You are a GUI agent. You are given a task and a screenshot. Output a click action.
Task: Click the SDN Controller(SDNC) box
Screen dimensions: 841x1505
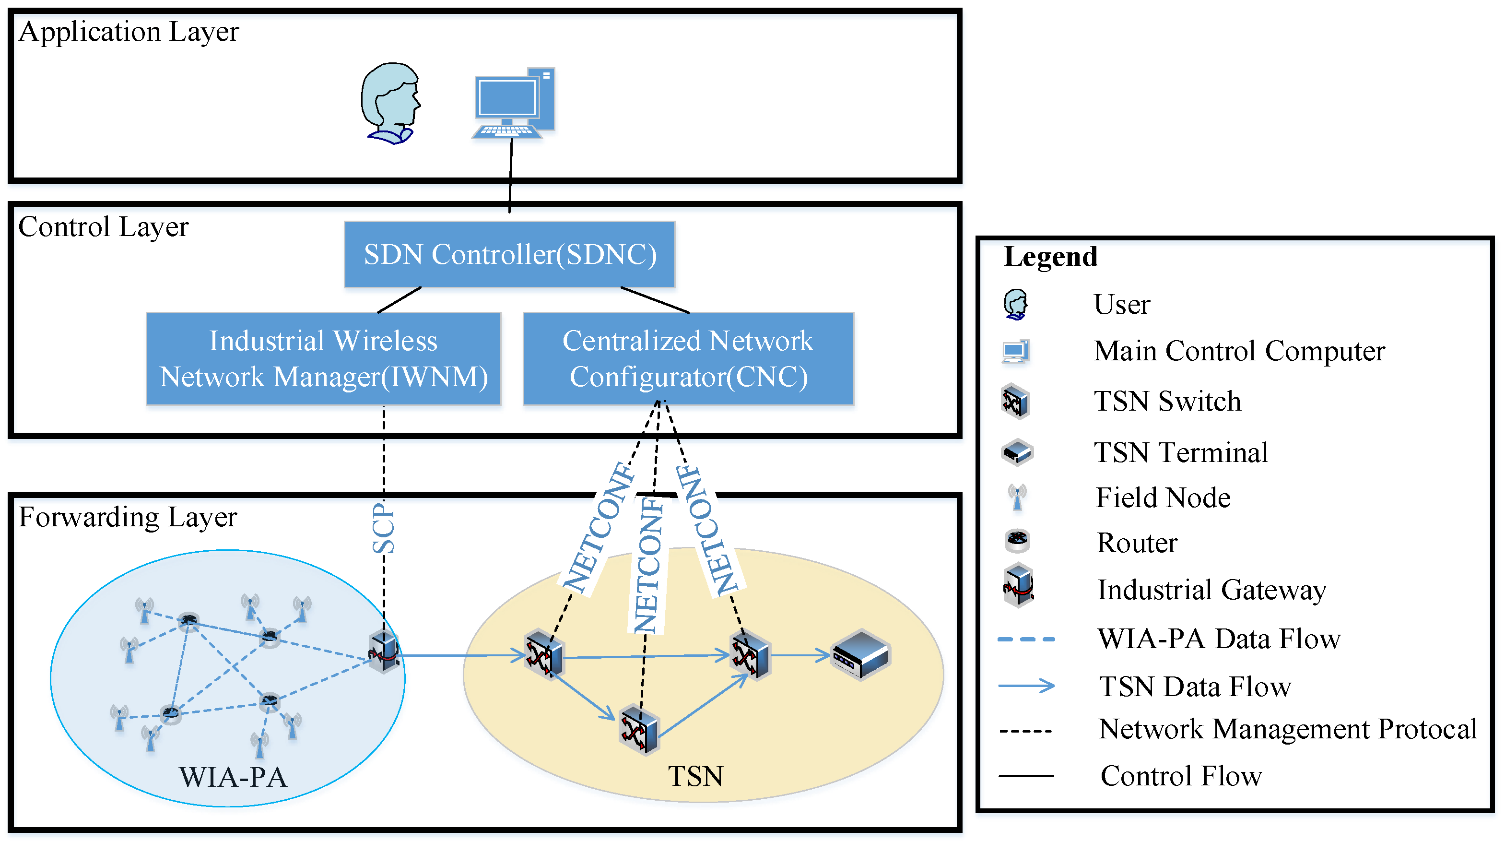click(x=509, y=254)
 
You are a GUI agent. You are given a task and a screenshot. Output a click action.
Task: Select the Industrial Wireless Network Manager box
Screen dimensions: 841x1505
click(x=323, y=358)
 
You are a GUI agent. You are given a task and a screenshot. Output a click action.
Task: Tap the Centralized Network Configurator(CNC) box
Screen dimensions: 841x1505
click(x=688, y=358)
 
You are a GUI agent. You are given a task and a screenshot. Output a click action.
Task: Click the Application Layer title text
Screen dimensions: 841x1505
click(x=129, y=32)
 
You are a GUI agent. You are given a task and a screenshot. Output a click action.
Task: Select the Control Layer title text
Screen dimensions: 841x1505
click(x=104, y=227)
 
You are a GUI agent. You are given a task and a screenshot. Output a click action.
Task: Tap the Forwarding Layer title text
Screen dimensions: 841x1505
click(x=128, y=517)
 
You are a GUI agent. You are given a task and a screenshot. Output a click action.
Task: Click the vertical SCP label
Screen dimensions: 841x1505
click(x=384, y=528)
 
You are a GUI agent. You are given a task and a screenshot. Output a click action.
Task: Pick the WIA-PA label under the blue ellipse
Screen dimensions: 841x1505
click(x=233, y=777)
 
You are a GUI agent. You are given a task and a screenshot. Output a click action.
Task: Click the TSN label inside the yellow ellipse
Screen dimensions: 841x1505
click(x=695, y=776)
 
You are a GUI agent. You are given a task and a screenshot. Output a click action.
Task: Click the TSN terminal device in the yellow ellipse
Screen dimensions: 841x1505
click(x=860, y=654)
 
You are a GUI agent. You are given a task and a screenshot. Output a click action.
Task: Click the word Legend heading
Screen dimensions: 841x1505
click(x=1050, y=257)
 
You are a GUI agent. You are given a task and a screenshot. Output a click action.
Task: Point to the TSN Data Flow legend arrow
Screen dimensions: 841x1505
click(x=1026, y=686)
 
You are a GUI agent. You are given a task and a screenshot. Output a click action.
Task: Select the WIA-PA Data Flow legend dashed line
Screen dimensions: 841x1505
click(x=1026, y=640)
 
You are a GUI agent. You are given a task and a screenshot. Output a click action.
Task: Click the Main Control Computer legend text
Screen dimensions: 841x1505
click(x=1239, y=351)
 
